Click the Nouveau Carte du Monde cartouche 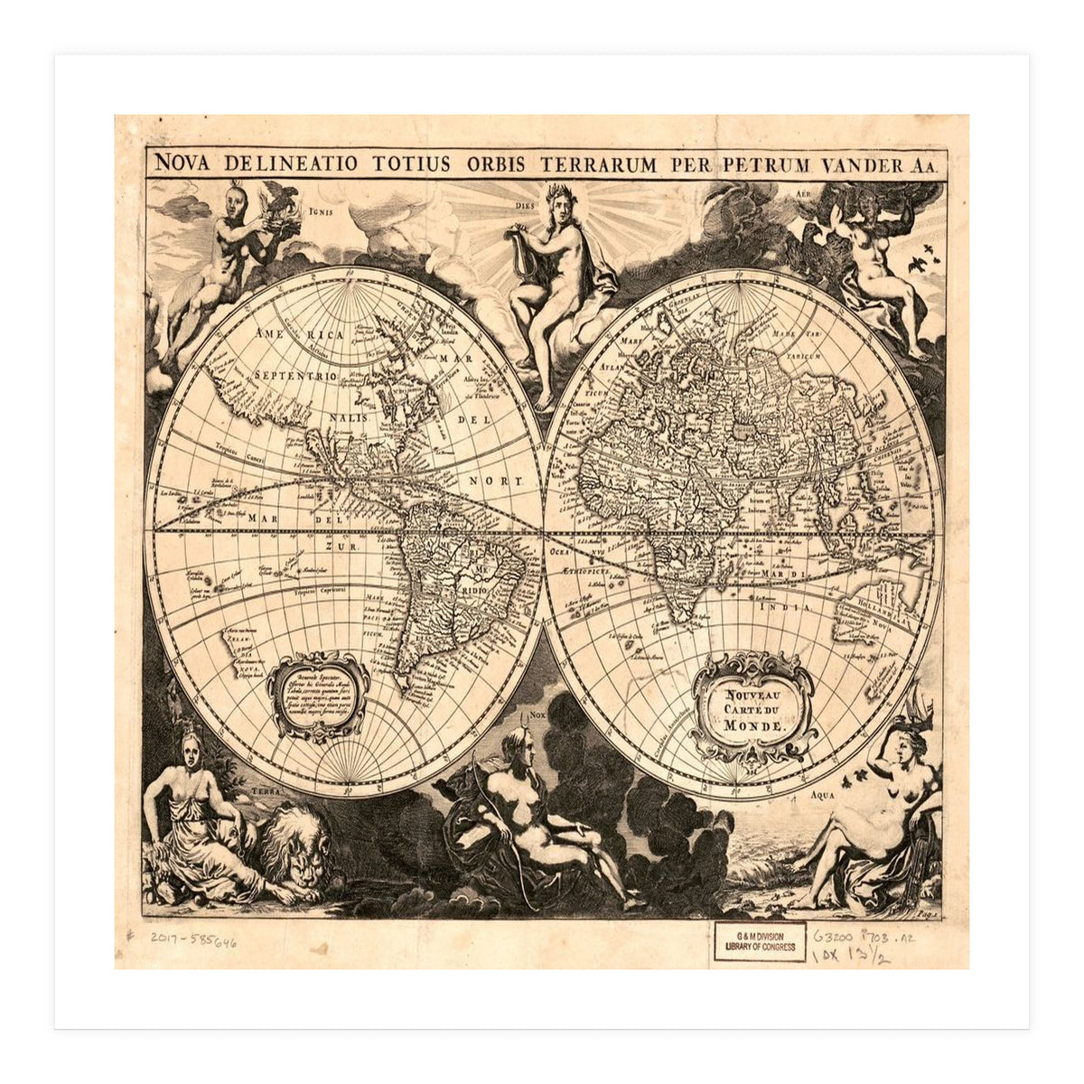752,706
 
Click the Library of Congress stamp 760,941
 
